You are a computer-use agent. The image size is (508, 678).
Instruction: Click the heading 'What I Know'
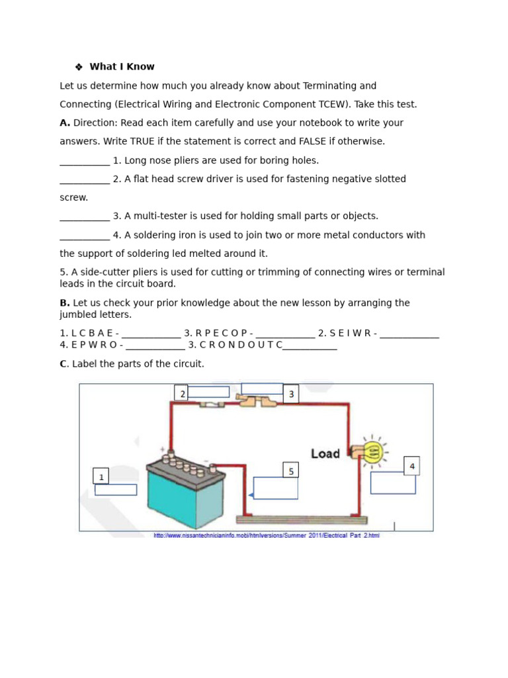[x=122, y=67]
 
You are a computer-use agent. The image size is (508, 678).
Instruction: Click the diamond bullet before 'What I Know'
[x=78, y=67]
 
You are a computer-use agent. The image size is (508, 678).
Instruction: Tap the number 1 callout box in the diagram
[x=101, y=477]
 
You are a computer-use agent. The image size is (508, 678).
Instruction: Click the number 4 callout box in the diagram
[x=411, y=466]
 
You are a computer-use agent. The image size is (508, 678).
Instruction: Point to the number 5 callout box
[x=290, y=471]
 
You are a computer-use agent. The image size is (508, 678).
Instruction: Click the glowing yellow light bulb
[x=373, y=453]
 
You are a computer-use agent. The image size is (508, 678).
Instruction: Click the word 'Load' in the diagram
[x=325, y=454]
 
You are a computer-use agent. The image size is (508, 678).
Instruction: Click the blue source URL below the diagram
[x=267, y=536]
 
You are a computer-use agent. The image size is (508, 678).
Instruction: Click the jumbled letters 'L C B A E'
[x=91, y=333]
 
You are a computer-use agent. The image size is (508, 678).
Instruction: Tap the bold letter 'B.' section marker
[x=65, y=303]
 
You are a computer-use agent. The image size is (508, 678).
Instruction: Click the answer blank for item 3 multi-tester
[x=85, y=217]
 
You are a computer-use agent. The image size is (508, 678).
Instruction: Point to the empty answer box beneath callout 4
[x=393, y=483]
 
